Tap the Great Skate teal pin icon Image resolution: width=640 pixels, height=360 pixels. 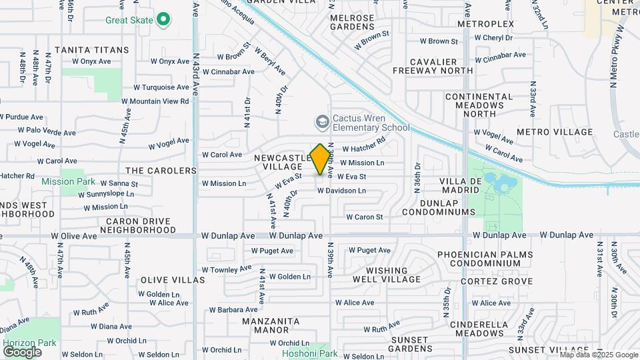pos(163,20)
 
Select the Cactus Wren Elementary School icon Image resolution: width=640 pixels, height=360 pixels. pos(322,122)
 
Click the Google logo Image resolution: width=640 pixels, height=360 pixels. pos(22,351)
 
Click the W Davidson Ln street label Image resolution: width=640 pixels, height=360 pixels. pos(341,191)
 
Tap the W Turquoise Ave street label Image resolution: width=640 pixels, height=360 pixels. pos(161,87)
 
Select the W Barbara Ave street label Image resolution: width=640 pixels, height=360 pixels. pos(233,309)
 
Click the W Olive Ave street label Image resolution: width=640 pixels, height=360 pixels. pos(74,236)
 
